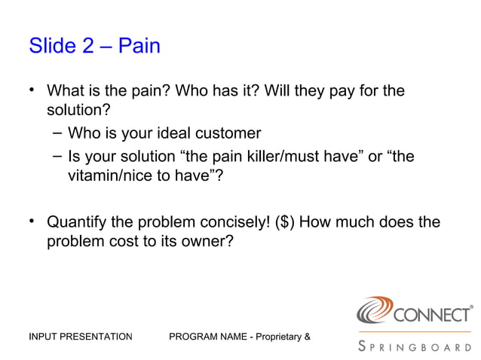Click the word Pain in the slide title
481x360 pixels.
click(x=139, y=46)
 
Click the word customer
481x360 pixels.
click(x=228, y=134)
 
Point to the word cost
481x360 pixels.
click(x=120, y=244)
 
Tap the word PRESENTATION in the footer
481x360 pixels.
click(x=97, y=336)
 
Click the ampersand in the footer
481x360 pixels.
click(x=306, y=336)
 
